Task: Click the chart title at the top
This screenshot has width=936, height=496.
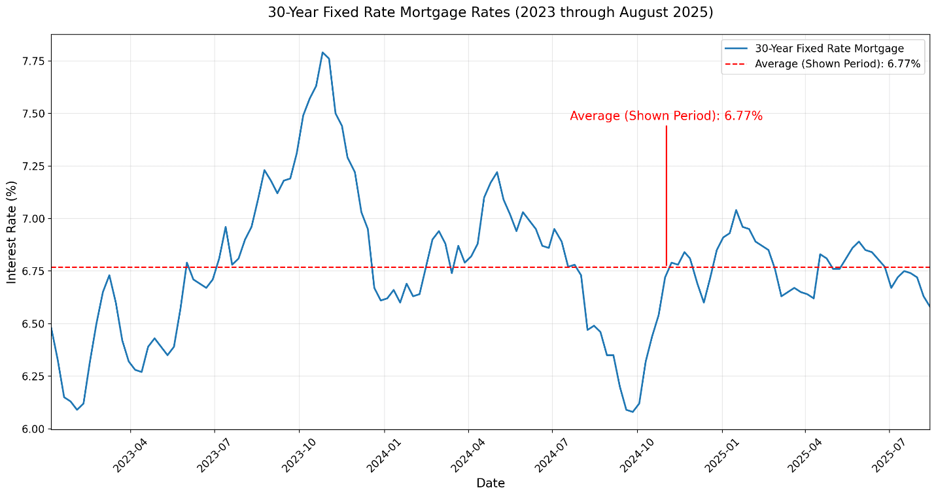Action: coord(490,12)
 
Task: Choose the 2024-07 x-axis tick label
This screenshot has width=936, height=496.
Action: coord(551,455)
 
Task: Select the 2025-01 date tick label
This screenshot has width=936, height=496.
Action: coord(721,455)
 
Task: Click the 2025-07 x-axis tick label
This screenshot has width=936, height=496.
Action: coord(888,455)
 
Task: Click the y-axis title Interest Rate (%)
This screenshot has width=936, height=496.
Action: coord(12,232)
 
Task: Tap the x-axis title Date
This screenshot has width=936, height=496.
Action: coord(490,484)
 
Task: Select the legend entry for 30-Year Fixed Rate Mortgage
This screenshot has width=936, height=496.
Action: coord(829,48)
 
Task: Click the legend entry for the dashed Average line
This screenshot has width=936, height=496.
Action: coord(837,64)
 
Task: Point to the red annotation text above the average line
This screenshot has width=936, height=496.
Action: coord(666,116)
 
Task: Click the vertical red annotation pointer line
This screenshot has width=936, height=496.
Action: coord(666,196)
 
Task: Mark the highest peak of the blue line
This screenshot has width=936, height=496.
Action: coord(322,52)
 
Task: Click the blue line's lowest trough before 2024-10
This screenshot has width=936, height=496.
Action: coord(632,412)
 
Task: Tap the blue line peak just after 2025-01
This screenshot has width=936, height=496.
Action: coord(736,210)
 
